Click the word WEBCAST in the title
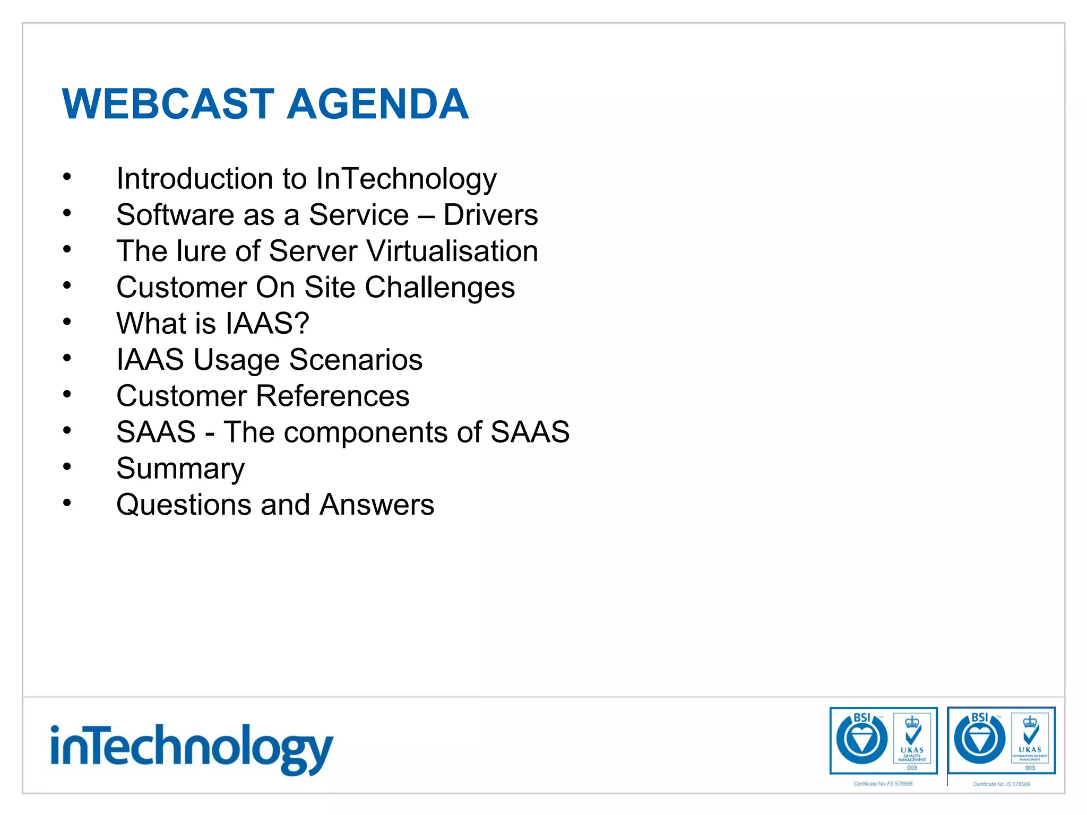point(168,104)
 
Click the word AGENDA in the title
point(377,104)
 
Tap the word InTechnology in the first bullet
point(406,179)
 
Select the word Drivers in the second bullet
point(490,215)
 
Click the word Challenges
point(439,288)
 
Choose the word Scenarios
point(356,360)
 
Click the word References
point(333,396)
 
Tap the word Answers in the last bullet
point(377,505)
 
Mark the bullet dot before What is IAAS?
point(67,322)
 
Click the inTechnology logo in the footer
point(191,748)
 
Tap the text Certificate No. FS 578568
point(883,784)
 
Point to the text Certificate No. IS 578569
point(1001,784)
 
